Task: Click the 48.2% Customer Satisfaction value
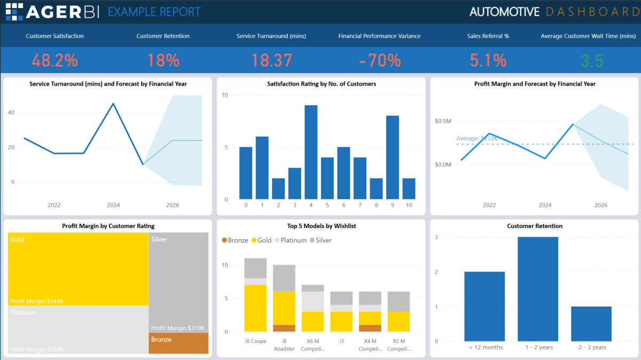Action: pyautogui.click(x=54, y=60)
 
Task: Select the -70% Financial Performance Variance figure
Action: pyautogui.click(x=380, y=60)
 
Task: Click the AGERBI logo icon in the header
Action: pyautogui.click(x=14, y=12)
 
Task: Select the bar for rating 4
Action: pyautogui.click(x=311, y=152)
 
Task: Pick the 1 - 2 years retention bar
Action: pyautogui.click(x=538, y=289)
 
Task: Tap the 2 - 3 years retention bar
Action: pyautogui.click(x=591, y=324)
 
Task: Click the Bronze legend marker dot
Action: pyautogui.click(x=224, y=240)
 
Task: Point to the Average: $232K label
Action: pyautogui.click(x=476, y=139)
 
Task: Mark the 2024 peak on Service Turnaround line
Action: pyautogui.click(x=113, y=104)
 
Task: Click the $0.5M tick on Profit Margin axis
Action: pyautogui.click(x=443, y=121)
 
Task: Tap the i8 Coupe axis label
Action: pyautogui.click(x=255, y=341)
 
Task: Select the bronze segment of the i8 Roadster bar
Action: pyautogui.click(x=284, y=328)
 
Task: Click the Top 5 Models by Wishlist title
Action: pyautogui.click(x=321, y=226)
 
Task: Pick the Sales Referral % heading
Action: pyautogui.click(x=488, y=36)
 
